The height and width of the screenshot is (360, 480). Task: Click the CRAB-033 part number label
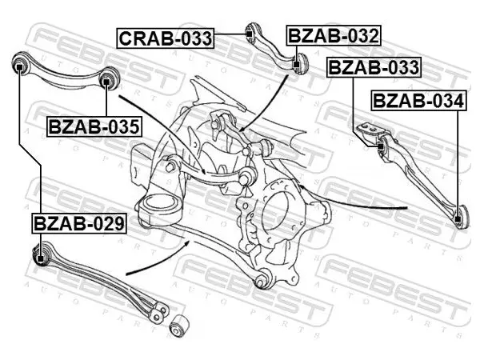point(165,38)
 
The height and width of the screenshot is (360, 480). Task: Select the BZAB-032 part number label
point(334,35)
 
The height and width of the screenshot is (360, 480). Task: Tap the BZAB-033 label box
point(374,67)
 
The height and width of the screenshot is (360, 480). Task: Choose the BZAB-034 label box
point(418,101)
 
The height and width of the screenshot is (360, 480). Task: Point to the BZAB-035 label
point(94,126)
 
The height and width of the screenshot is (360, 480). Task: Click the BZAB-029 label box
point(79,223)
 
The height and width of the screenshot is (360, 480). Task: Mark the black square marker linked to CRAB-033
point(249,34)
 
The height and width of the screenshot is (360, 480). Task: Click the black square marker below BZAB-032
point(296,65)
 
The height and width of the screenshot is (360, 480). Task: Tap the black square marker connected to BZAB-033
point(381,146)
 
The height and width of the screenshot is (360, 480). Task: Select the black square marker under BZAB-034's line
point(458,219)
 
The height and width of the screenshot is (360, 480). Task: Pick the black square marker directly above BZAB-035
point(106,82)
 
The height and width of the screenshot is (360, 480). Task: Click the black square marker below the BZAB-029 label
point(40,258)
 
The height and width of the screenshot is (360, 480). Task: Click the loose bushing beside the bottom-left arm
point(179,326)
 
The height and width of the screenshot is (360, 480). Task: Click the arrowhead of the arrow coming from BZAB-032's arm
point(240,130)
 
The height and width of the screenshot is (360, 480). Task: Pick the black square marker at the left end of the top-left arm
point(19,66)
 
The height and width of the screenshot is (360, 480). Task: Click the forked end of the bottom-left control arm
point(159,310)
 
